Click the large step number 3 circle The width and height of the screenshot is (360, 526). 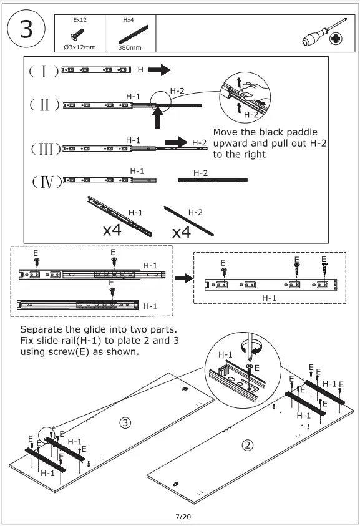[x=26, y=29]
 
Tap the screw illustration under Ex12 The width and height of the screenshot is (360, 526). [x=77, y=34]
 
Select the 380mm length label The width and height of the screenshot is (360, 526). [x=130, y=47]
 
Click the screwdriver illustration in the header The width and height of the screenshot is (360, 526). [x=324, y=32]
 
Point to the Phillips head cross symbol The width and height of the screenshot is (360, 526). [x=336, y=39]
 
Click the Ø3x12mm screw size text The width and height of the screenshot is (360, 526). [x=80, y=47]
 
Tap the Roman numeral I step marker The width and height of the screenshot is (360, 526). [x=44, y=71]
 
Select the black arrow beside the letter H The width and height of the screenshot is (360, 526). [x=159, y=70]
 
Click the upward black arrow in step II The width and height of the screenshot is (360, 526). [x=158, y=117]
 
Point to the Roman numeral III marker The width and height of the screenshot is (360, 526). [x=46, y=149]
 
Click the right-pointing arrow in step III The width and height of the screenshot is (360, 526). [x=176, y=142]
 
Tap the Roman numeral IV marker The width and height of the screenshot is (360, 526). [x=47, y=182]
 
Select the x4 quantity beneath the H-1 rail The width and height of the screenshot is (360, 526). [x=112, y=230]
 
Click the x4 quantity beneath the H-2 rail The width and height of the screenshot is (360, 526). [x=182, y=232]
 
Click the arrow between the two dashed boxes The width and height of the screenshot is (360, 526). [x=184, y=278]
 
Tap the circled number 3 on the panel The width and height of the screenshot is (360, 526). [x=125, y=422]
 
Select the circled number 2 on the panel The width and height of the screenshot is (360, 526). [x=248, y=445]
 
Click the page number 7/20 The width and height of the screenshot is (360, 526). [x=183, y=517]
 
